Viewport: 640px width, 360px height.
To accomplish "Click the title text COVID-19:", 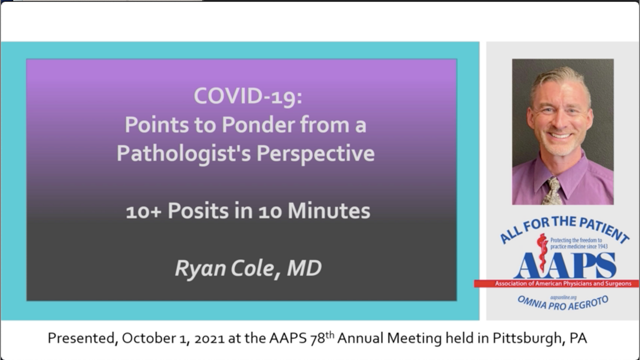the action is (248, 96).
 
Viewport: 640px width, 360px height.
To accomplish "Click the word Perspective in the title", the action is (315, 153).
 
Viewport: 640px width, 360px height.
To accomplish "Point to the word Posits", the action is (198, 211).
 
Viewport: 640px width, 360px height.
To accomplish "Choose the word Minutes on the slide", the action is (329, 211).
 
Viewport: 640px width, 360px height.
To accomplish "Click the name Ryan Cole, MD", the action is (248, 268).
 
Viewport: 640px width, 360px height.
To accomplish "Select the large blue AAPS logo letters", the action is (565, 265).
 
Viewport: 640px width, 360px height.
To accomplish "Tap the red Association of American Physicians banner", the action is (556, 283).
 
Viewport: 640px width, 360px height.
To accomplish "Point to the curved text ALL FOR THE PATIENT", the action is (564, 228).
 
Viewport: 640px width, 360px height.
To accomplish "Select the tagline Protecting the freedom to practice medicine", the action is (579, 243).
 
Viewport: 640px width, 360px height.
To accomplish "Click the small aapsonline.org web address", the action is (563, 297).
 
